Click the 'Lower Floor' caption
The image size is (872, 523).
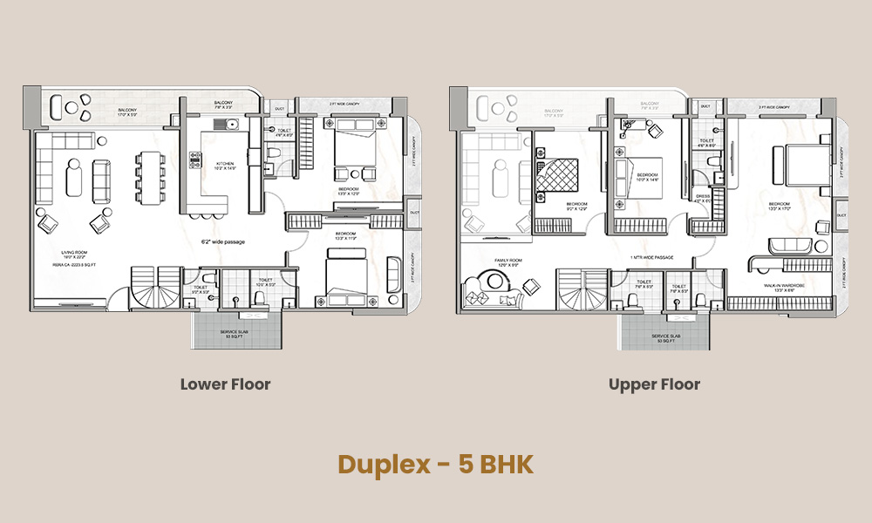click(225, 384)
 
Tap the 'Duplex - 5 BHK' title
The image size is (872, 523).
click(435, 464)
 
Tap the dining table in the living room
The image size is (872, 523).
click(150, 177)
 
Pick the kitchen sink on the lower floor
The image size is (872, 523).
click(231, 124)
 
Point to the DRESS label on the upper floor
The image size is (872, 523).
click(702, 196)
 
